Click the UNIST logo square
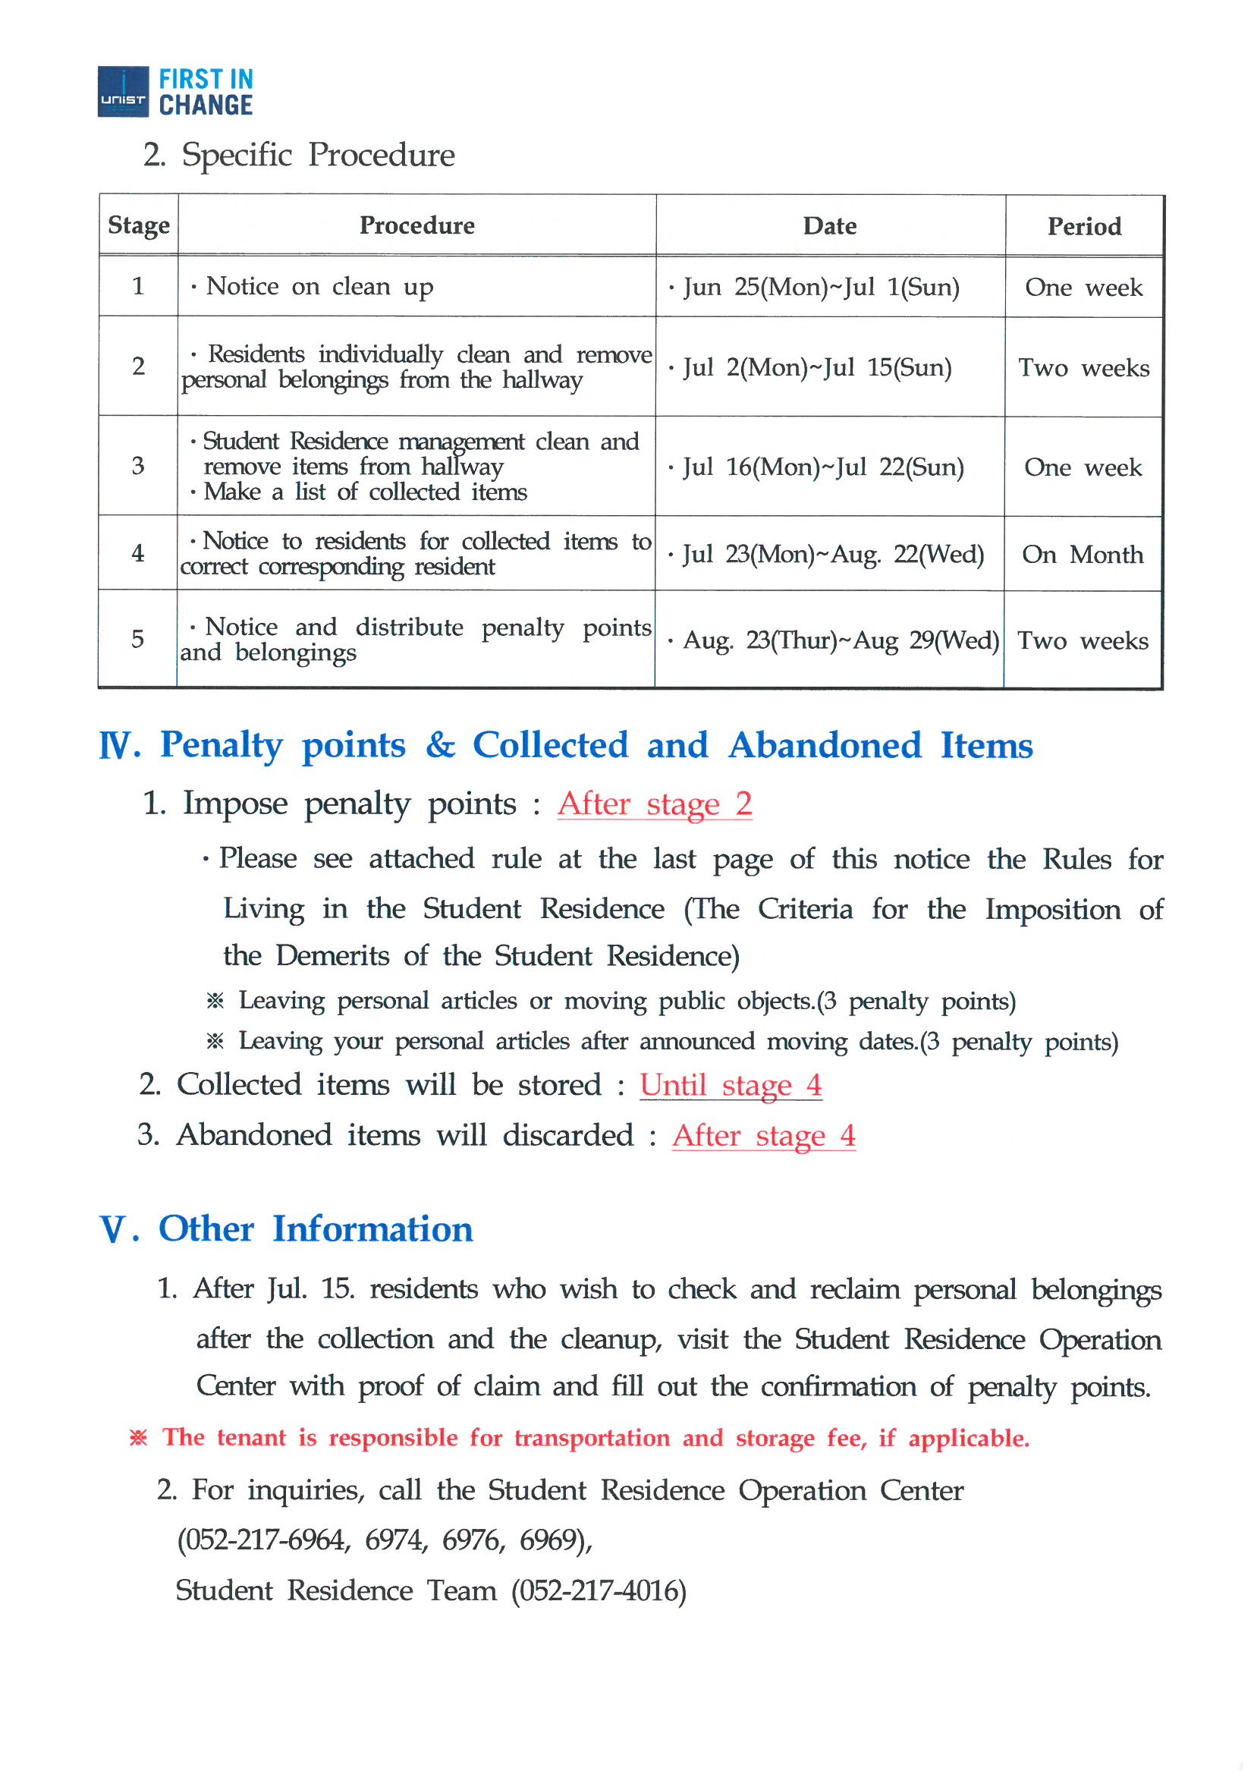(123, 92)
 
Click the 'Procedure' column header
(417, 225)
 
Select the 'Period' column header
(1084, 226)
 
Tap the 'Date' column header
(830, 225)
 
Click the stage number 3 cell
(138, 466)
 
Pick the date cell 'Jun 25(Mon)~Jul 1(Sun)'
(821, 288)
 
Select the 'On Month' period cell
(1083, 555)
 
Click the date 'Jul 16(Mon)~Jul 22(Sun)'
(823, 467)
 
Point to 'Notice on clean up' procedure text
(319, 287)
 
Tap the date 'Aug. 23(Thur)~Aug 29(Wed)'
(841, 640)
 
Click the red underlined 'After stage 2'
(655, 804)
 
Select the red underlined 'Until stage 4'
(730, 1086)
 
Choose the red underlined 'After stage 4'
(763, 1136)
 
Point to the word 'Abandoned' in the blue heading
(825, 746)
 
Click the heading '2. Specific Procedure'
(300, 156)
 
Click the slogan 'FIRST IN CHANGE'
(206, 92)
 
